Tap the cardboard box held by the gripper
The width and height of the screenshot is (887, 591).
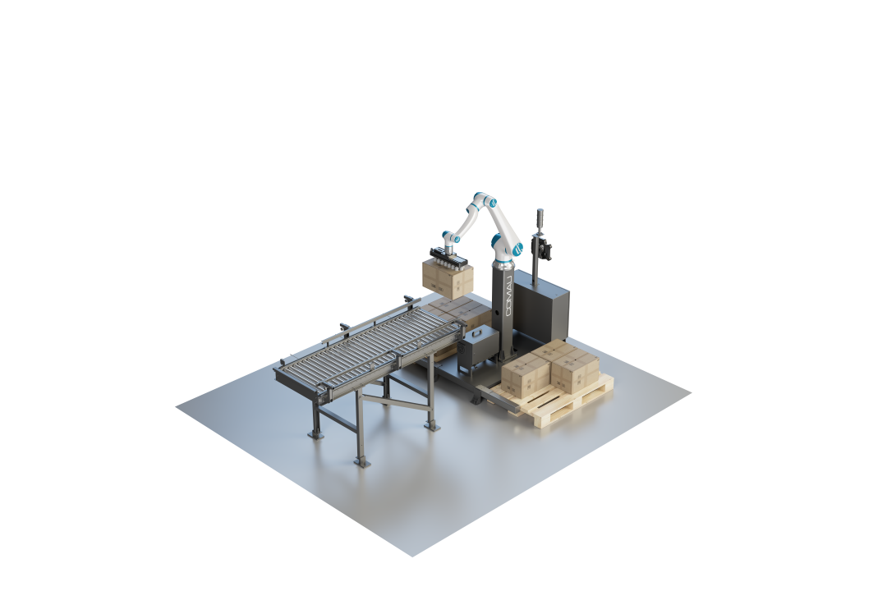coord(448,279)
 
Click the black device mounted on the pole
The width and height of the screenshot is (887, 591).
coord(541,248)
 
